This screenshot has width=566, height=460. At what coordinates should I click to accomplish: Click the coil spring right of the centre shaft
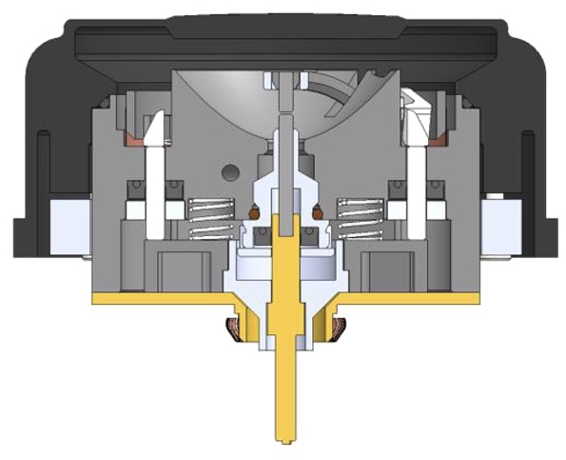[361, 218]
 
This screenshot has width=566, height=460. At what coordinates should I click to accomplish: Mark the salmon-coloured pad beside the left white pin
[129, 141]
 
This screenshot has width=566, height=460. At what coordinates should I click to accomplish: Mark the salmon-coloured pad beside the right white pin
[439, 142]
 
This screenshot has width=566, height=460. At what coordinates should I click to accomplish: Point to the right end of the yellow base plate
[473, 298]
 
